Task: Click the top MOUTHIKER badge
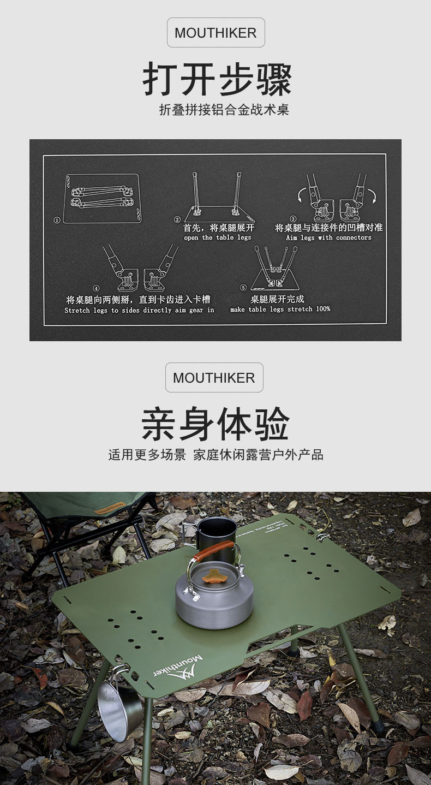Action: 215,33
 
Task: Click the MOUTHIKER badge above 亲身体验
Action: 214,378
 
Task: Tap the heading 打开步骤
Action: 217,80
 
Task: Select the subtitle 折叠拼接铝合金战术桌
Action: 224,110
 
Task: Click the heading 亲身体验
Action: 215,424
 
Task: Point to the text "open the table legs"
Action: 218,238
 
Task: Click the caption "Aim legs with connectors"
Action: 328,238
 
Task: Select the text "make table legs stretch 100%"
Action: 280,310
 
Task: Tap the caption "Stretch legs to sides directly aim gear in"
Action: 139,310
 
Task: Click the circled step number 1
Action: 57,221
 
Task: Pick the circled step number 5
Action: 243,288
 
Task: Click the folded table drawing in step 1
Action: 101,198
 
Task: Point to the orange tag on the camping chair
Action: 109,508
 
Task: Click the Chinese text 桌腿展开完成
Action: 277,299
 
